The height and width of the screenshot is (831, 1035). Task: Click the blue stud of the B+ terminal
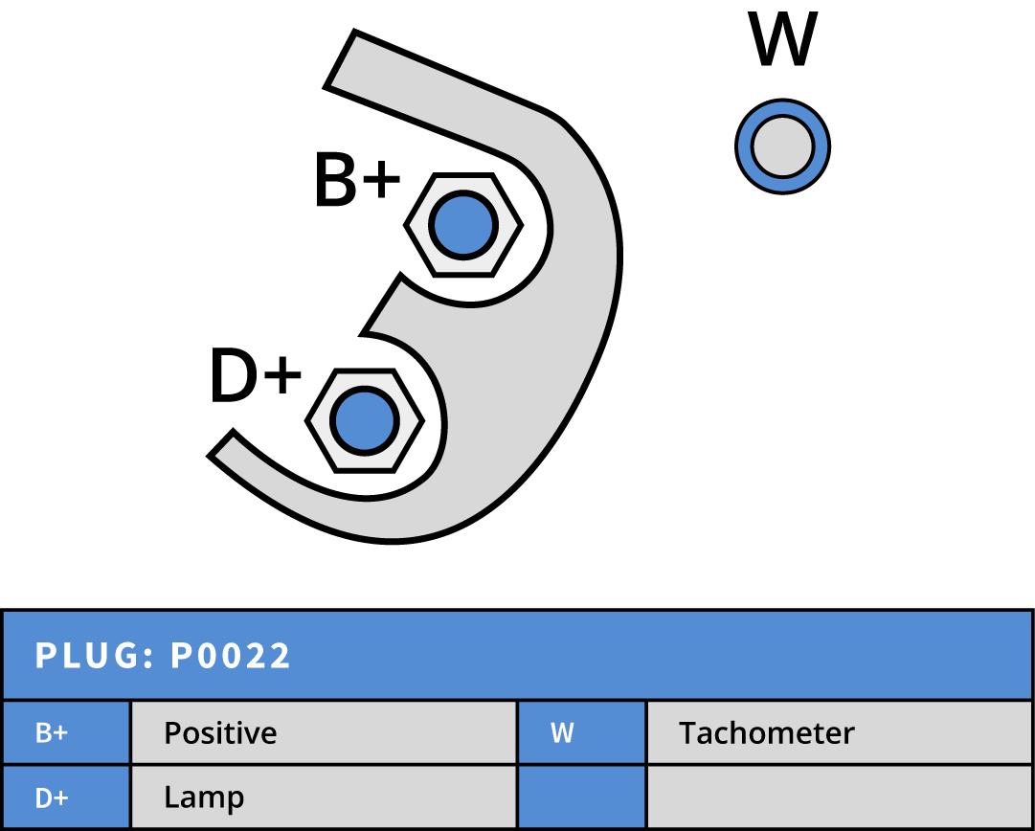463,225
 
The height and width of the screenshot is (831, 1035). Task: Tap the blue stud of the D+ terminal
364,420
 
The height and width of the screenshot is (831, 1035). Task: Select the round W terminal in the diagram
782,147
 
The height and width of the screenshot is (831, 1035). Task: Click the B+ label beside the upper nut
355,181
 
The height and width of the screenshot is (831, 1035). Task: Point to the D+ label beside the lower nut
255,376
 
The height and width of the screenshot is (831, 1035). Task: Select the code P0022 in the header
231,656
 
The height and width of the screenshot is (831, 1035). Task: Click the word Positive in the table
220,733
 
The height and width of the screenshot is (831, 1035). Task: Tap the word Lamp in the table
203,797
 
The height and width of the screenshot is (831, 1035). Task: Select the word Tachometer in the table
766,733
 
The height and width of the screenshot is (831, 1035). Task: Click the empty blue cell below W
581,797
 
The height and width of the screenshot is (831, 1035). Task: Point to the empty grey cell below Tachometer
839,797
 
